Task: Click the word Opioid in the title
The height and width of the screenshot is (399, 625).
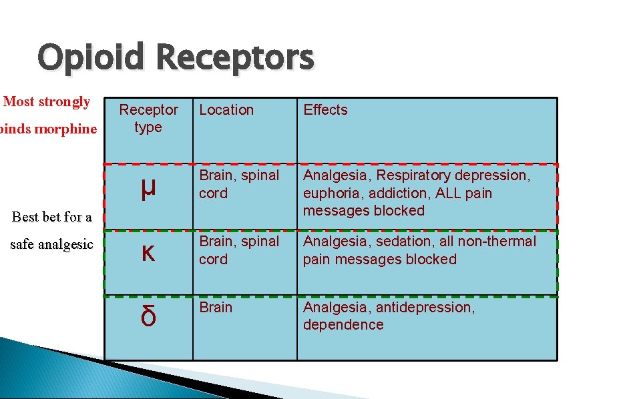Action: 91,57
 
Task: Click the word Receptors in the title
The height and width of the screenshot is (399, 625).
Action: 236,57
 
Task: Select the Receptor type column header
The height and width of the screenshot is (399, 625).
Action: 148,118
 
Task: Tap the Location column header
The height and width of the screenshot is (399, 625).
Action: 226,110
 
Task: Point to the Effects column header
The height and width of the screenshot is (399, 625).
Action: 325,110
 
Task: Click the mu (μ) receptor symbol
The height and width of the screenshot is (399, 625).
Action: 148,189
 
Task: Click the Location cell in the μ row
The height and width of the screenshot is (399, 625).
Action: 238,184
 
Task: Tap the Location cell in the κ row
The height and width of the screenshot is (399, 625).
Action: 238,250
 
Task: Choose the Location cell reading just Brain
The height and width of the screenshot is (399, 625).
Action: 215,308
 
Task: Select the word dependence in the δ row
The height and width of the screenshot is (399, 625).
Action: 343,325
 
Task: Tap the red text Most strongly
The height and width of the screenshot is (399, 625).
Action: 47,102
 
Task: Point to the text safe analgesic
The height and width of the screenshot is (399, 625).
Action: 51,245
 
